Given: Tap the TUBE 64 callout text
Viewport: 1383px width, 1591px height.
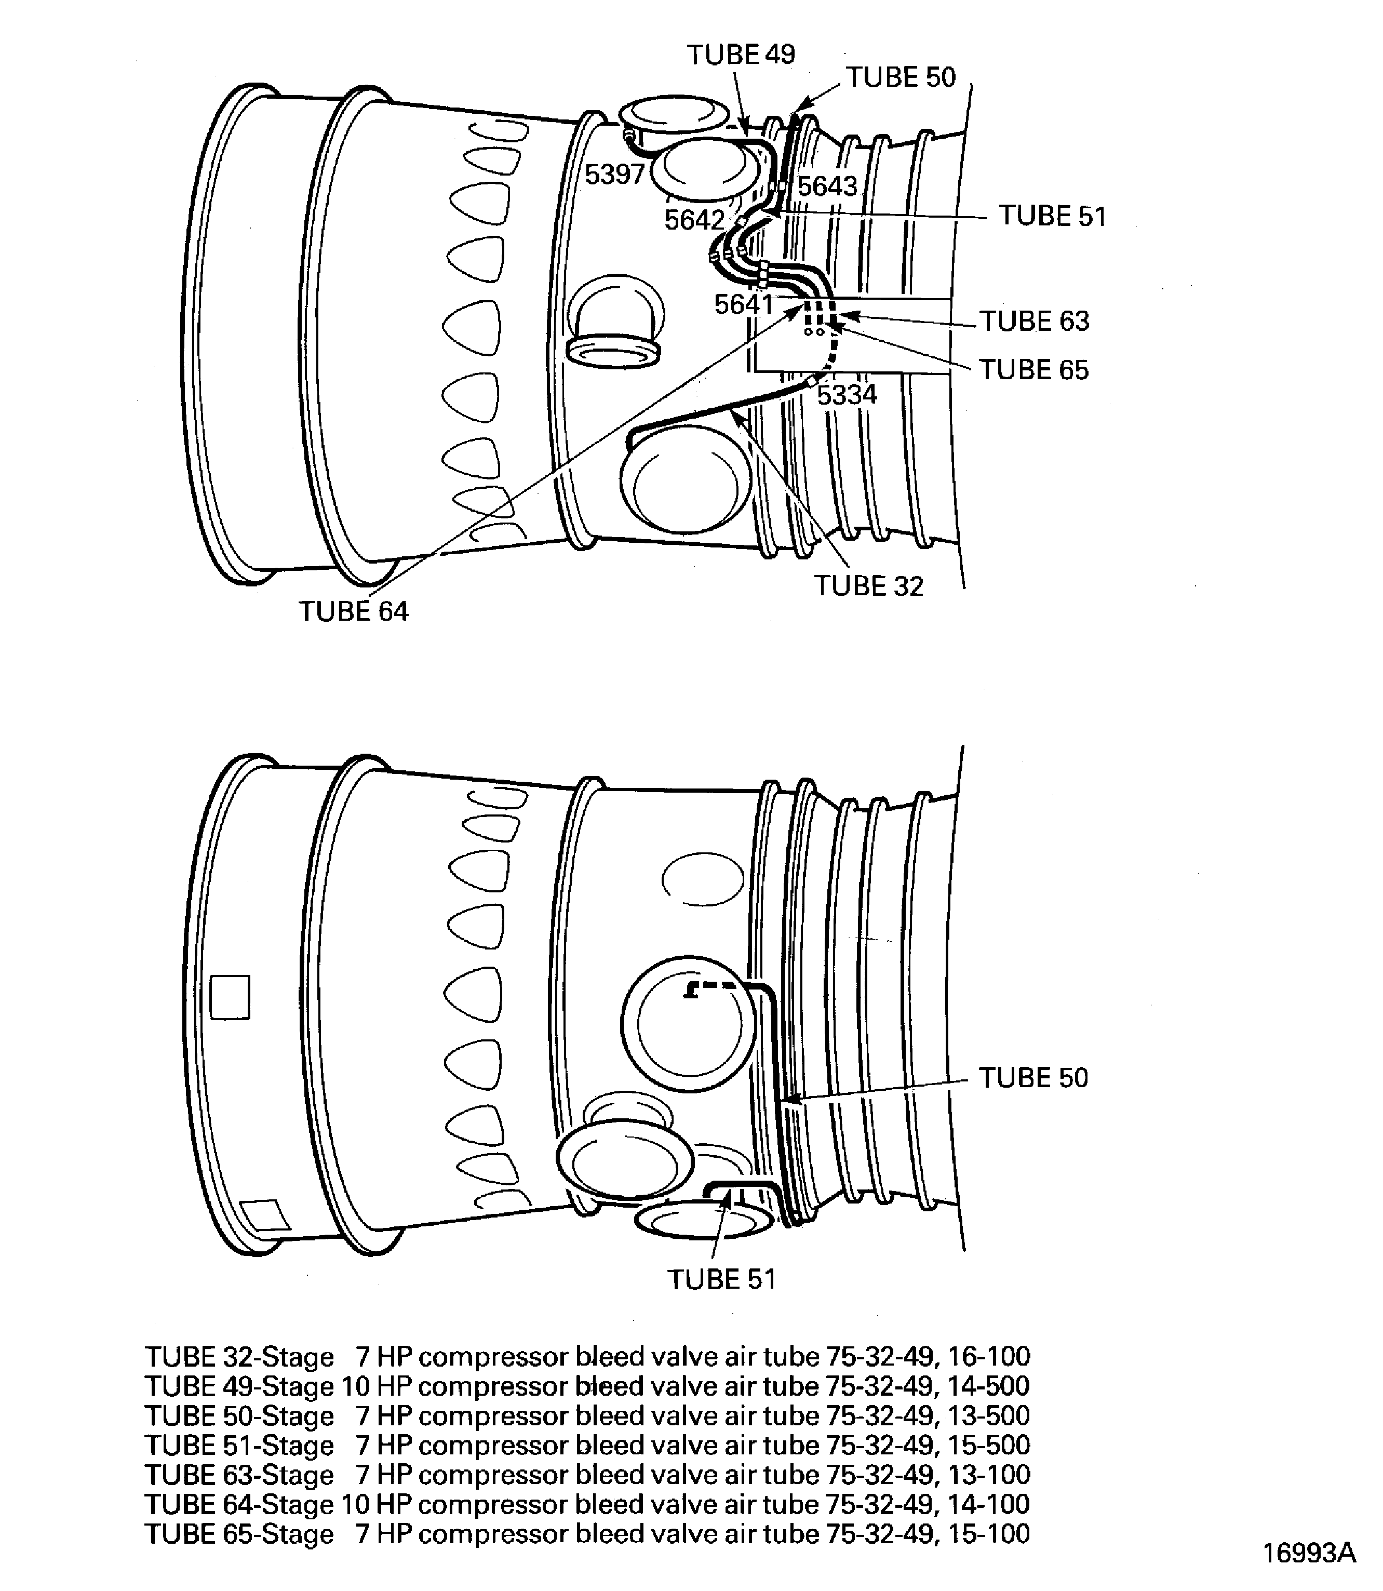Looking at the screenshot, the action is tap(354, 611).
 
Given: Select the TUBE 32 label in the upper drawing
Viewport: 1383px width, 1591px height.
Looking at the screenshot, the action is tap(868, 586).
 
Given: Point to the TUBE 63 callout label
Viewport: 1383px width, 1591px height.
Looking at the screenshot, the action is tap(1034, 321).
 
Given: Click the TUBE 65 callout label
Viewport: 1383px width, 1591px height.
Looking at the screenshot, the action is tap(1034, 370).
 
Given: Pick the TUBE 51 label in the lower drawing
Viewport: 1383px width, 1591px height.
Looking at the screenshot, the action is tap(721, 1279).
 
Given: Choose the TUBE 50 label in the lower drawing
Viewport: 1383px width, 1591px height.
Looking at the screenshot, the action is tap(1033, 1078).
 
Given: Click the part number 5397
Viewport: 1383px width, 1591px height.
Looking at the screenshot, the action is tap(614, 175).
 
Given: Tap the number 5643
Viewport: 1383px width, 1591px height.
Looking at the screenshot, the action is tap(827, 186).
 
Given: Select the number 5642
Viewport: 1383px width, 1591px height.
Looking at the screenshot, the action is tap(694, 220).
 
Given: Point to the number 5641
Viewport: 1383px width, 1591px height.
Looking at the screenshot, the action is tap(743, 304).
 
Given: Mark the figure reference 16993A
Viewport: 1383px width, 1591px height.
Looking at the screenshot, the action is tap(1309, 1553).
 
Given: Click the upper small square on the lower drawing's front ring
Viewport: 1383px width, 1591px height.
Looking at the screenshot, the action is tap(230, 997).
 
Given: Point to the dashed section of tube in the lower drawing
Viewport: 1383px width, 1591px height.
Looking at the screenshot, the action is tap(714, 987).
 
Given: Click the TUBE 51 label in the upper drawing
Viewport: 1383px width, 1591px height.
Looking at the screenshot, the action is tap(1053, 216).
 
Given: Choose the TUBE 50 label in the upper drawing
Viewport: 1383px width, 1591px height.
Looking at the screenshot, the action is tap(901, 77).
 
